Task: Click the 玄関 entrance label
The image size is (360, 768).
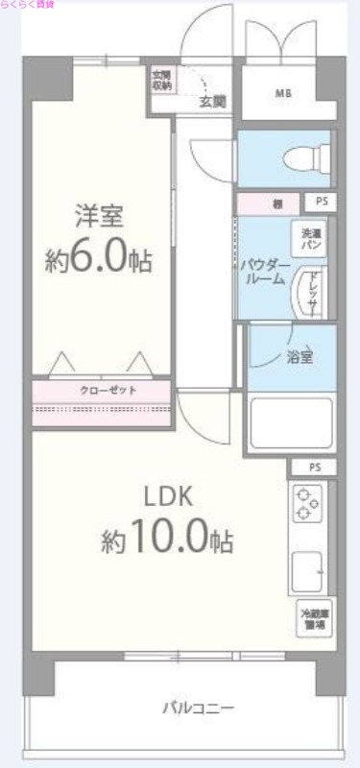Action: (x=212, y=100)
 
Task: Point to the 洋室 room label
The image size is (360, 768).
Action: (x=100, y=215)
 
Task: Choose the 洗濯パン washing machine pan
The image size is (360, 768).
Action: (x=310, y=239)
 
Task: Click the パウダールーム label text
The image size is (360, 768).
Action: (x=262, y=270)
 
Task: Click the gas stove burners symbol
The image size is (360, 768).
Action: (x=308, y=505)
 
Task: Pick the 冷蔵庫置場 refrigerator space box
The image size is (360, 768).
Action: (x=313, y=618)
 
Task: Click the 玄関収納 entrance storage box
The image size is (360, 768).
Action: (x=159, y=81)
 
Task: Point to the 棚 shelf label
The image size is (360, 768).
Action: (x=276, y=204)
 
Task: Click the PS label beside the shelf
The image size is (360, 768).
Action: (x=319, y=204)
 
